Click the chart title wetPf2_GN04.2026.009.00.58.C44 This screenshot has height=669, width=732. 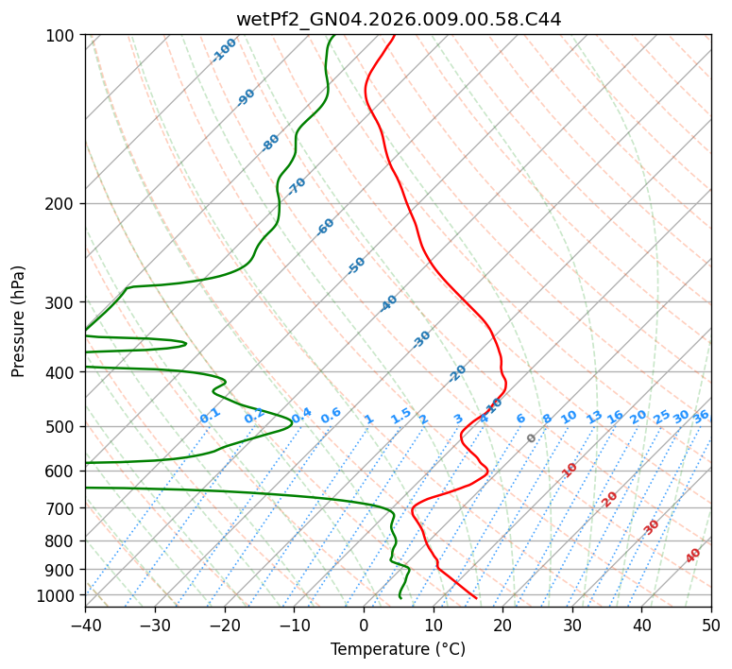[x=398, y=19]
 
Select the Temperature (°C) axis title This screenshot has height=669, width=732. [x=398, y=649]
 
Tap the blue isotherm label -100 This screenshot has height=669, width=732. [x=225, y=49]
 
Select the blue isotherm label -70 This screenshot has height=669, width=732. [x=297, y=186]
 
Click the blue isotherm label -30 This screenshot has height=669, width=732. [x=421, y=339]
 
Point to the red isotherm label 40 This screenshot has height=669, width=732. [x=693, y=556]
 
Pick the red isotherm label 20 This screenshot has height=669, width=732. [x=610, y=498]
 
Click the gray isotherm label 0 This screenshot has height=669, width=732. [x=532, y=438]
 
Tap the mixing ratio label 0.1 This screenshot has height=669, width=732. [x=210, y=415]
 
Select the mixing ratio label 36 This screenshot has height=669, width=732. [x=701, y=416]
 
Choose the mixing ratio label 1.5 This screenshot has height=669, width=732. [x=400, y=415]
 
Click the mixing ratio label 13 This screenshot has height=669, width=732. [x=594, y=417]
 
